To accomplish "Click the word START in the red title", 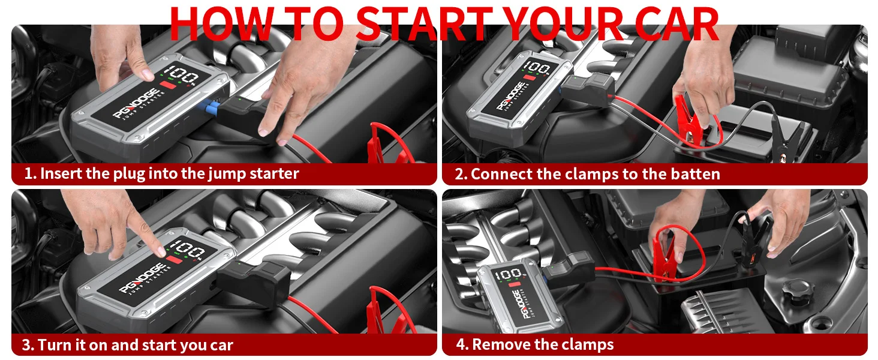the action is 423,23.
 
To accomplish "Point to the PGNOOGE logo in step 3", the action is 141,278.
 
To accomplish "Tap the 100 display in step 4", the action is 508,274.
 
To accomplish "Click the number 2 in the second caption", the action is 459,174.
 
